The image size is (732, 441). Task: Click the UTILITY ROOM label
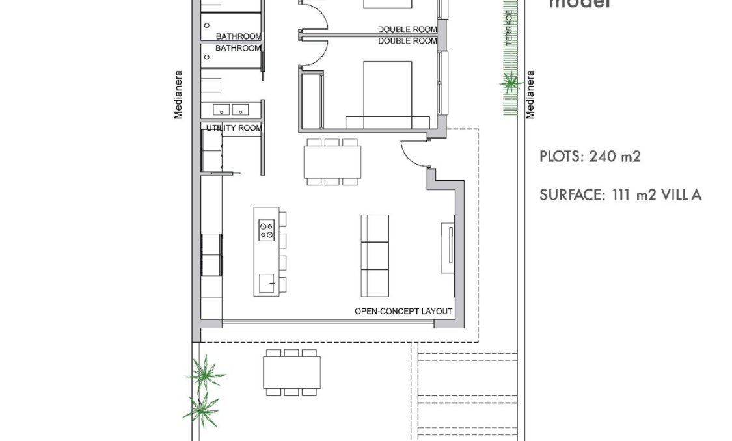[x=234, y=128]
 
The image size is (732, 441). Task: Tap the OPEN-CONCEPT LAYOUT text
[x=403, y=311]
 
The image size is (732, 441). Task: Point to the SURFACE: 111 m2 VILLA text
[x=620, y=194]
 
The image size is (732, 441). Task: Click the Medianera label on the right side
[x=530, y=94]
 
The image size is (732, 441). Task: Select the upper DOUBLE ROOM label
[x=407, y=29]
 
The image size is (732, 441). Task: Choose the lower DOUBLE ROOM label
[x=407, y=41]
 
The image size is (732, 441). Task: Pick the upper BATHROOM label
[x=238, y=36]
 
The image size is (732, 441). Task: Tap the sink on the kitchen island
[x=266, y=283]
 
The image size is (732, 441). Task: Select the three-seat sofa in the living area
[x=374, y=256]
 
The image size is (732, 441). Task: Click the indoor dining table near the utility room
[x=332, y=161]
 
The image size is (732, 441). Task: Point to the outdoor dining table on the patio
[x=292, y=373]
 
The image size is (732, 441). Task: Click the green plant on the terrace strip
[x=511, y=83]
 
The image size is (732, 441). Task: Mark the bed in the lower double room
[x=388, y=94]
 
